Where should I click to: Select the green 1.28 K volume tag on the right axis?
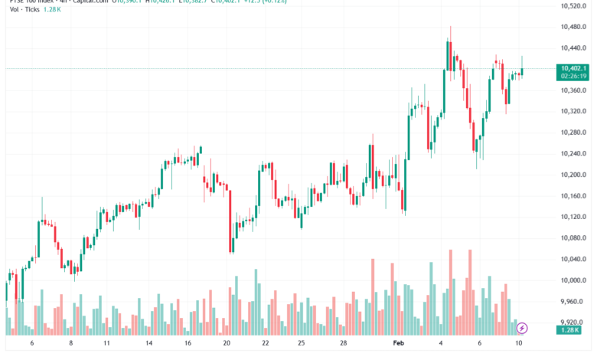[x=569, y=329]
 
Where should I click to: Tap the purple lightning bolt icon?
[x=522, y=328]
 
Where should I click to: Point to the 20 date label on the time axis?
[x=226, y=344]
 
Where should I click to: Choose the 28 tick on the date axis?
[x=344, y=344]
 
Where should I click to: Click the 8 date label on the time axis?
[x=70, y=344]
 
